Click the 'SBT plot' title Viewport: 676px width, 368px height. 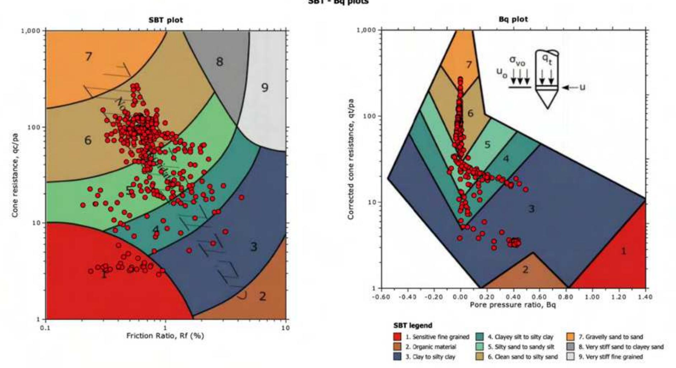[165, 20]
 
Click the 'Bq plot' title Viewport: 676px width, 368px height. [513, 19]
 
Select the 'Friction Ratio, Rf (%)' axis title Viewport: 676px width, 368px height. [165, 336]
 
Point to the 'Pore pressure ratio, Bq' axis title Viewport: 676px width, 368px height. [513, 305]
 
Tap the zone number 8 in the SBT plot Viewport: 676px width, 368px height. [219, 62]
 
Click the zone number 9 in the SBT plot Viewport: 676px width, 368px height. [264, 88]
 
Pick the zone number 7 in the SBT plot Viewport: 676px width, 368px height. [88, 56]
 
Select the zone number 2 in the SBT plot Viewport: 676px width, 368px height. [263, 297]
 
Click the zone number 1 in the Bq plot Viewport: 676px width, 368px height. [624, 251]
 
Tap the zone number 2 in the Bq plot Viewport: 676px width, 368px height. [525, 269]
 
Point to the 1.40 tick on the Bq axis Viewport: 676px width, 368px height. [645, 297]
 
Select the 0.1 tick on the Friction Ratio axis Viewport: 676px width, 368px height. [45, 328]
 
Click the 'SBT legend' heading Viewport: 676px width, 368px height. [413, 326]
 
